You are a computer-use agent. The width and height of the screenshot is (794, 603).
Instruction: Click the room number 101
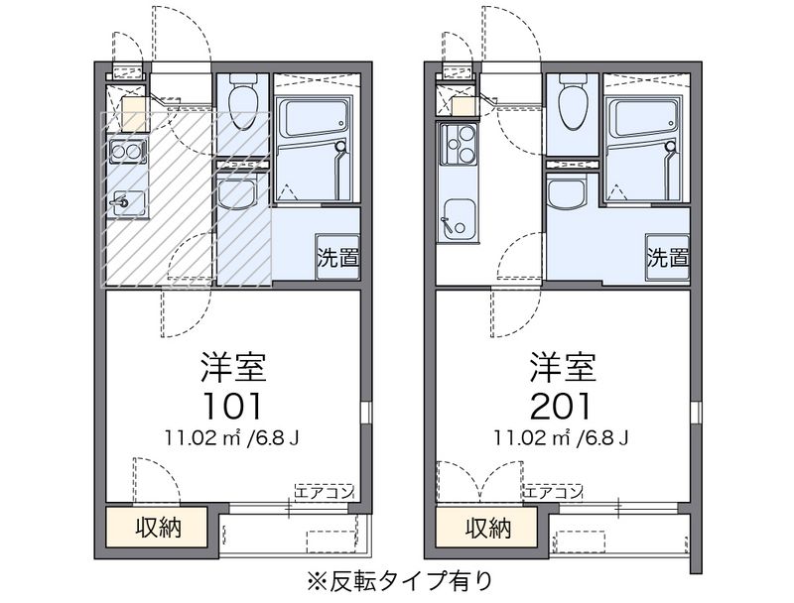232,407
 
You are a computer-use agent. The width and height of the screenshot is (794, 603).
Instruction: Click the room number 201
561,407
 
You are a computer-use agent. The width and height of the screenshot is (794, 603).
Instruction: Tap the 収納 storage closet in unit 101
157,527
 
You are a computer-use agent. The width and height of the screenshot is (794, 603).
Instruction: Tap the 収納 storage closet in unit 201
486,527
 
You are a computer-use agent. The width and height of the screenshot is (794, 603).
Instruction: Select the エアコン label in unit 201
552,492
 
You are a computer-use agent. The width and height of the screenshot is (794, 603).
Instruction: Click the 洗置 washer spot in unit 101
337,257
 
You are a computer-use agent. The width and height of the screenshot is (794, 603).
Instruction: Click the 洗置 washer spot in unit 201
667,257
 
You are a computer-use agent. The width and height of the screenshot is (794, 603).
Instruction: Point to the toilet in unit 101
243,101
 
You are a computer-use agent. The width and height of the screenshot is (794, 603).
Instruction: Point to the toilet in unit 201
574,101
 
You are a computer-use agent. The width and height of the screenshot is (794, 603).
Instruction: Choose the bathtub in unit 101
312,118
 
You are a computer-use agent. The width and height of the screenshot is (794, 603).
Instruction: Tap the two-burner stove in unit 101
126,152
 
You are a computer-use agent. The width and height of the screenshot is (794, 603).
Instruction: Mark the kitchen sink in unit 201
459,221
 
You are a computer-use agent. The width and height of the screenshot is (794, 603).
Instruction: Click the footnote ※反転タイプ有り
399,580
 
